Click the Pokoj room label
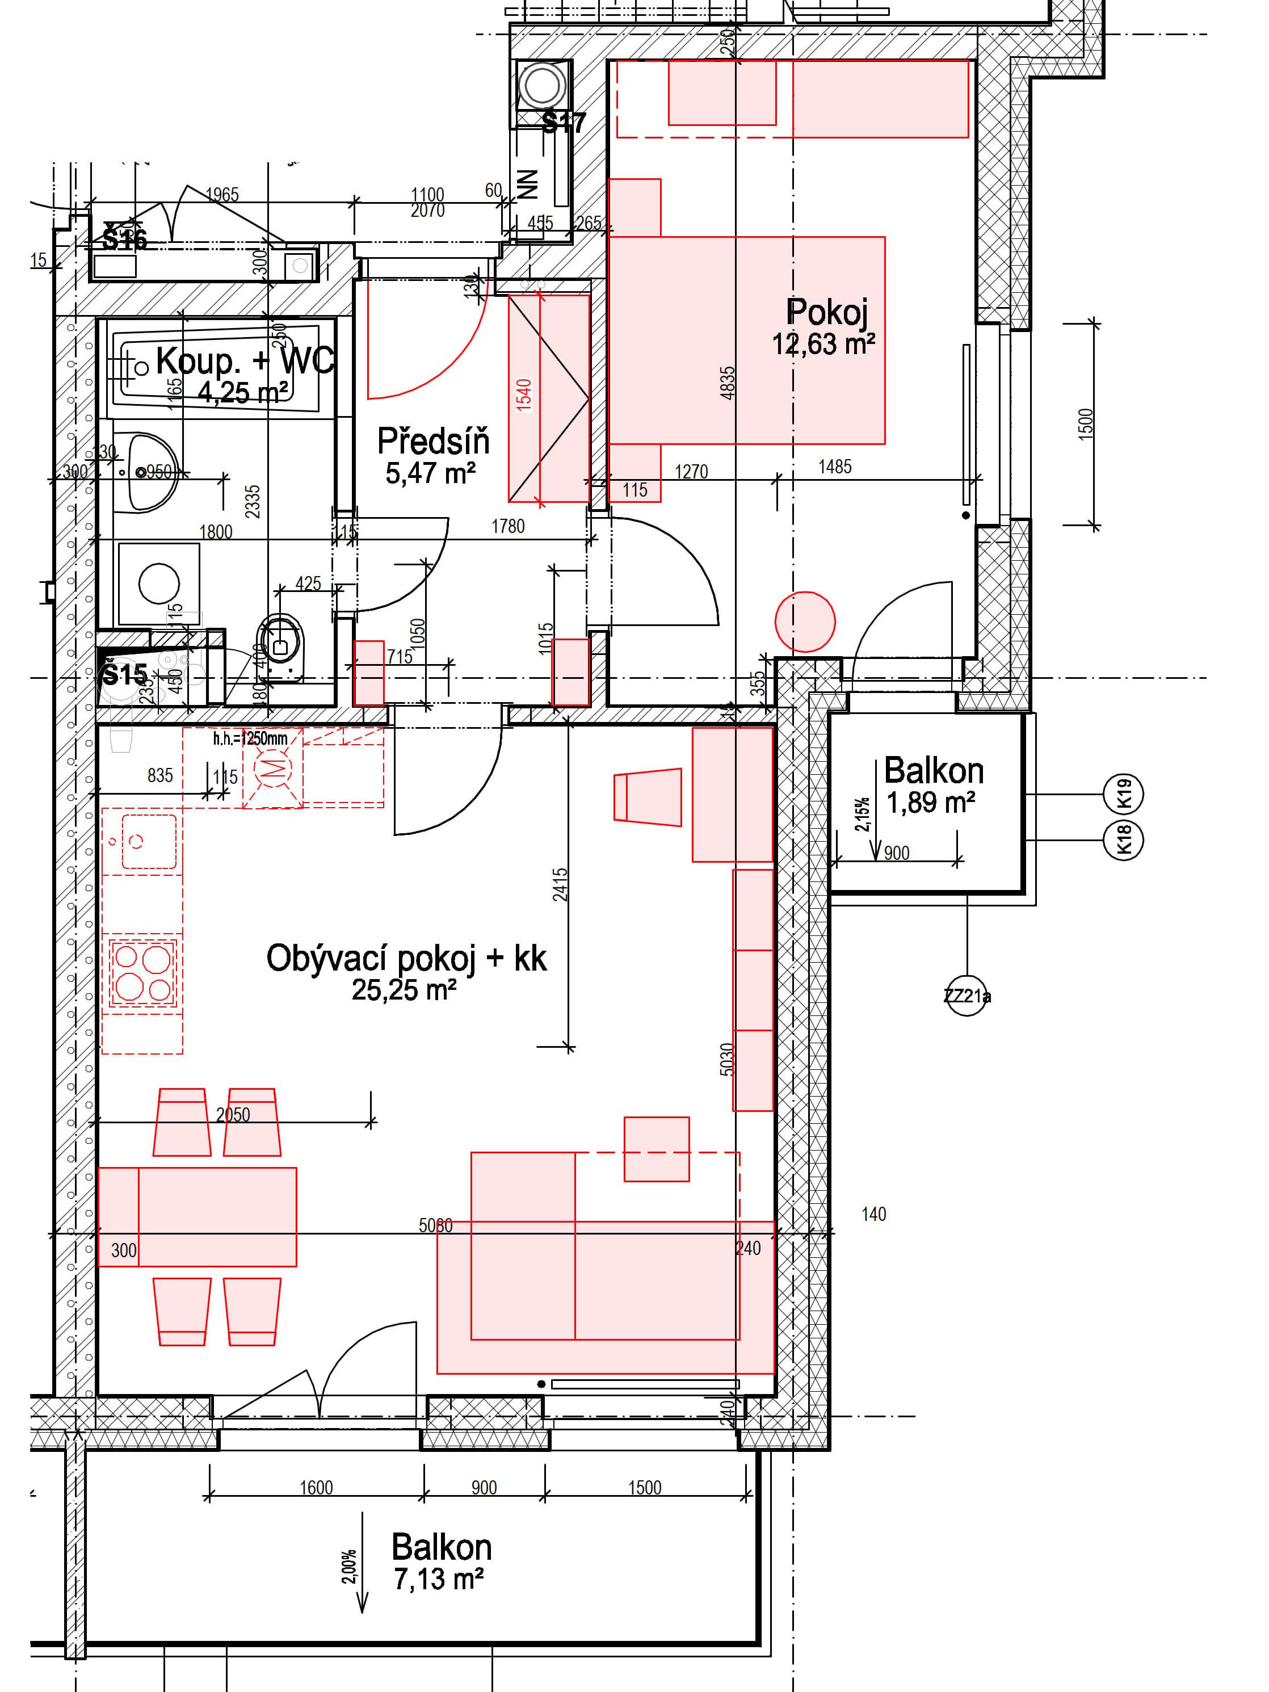(826, 312)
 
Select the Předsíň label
(433, 442)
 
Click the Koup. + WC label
(245, 360)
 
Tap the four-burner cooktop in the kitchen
(142, 972)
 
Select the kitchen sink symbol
(141, 841)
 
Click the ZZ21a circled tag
(967, 996)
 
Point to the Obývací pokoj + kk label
(406, 959)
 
